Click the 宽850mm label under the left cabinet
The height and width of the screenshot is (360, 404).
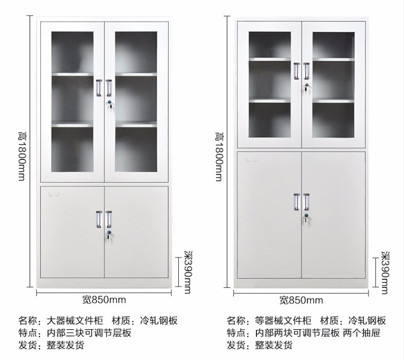pos(104,300)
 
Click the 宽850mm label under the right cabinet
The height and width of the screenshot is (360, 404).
pos(301,300)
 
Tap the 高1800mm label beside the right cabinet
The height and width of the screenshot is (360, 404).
pos(218,156)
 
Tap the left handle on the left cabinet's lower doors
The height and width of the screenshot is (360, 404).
pos(99,218)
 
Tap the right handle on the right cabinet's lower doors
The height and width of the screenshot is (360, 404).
pos(307,200)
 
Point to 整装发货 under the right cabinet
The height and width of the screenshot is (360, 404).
pos(274,345)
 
